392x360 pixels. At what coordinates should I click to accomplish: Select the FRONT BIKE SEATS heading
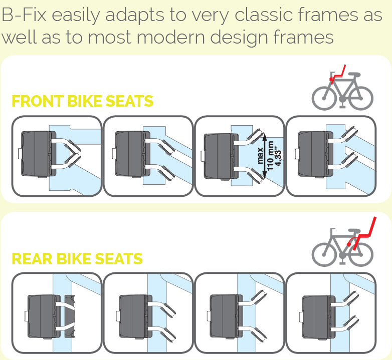(x=82, y=101)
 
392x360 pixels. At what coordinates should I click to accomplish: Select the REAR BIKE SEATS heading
(x=77, y=259)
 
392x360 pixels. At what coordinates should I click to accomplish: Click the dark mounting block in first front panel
(x=35, y=154)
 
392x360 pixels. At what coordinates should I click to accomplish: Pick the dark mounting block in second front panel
(x=128, y=154)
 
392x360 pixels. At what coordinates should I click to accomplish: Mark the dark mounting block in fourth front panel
(x=311, y=154)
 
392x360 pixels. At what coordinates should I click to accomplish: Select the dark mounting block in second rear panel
(x=132, y=316)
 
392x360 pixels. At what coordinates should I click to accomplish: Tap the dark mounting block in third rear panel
(x=224, y=316)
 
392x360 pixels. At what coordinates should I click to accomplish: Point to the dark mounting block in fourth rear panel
(x=316, y=316)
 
